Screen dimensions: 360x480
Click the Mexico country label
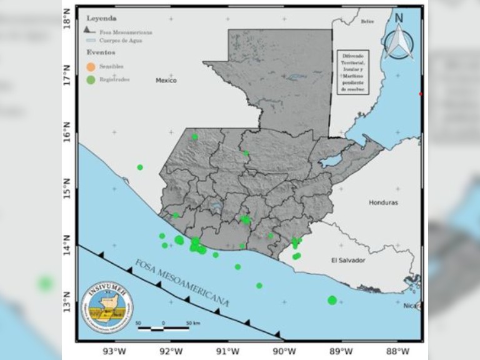tap(166, 81)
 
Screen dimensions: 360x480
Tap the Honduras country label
tap(383, 202)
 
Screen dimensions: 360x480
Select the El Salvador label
tap(347, 260)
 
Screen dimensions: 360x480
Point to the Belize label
tap(367, 22)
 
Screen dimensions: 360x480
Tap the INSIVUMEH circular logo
tap(107, 307)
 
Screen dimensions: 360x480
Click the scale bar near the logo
tap(163, 326)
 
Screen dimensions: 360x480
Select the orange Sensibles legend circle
tap(91, 66)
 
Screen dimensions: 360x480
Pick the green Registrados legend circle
tap(91, 79)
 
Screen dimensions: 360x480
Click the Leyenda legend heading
tap(101, 19)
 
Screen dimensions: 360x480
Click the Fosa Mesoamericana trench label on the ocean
tap(181, 281)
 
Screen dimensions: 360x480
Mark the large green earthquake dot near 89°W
tap(332, 300)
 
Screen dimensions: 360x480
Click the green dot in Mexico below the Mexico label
tap(140, 167)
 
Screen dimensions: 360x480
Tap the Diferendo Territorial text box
tap(352, 72)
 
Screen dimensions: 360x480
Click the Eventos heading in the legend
tap(100, 52)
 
